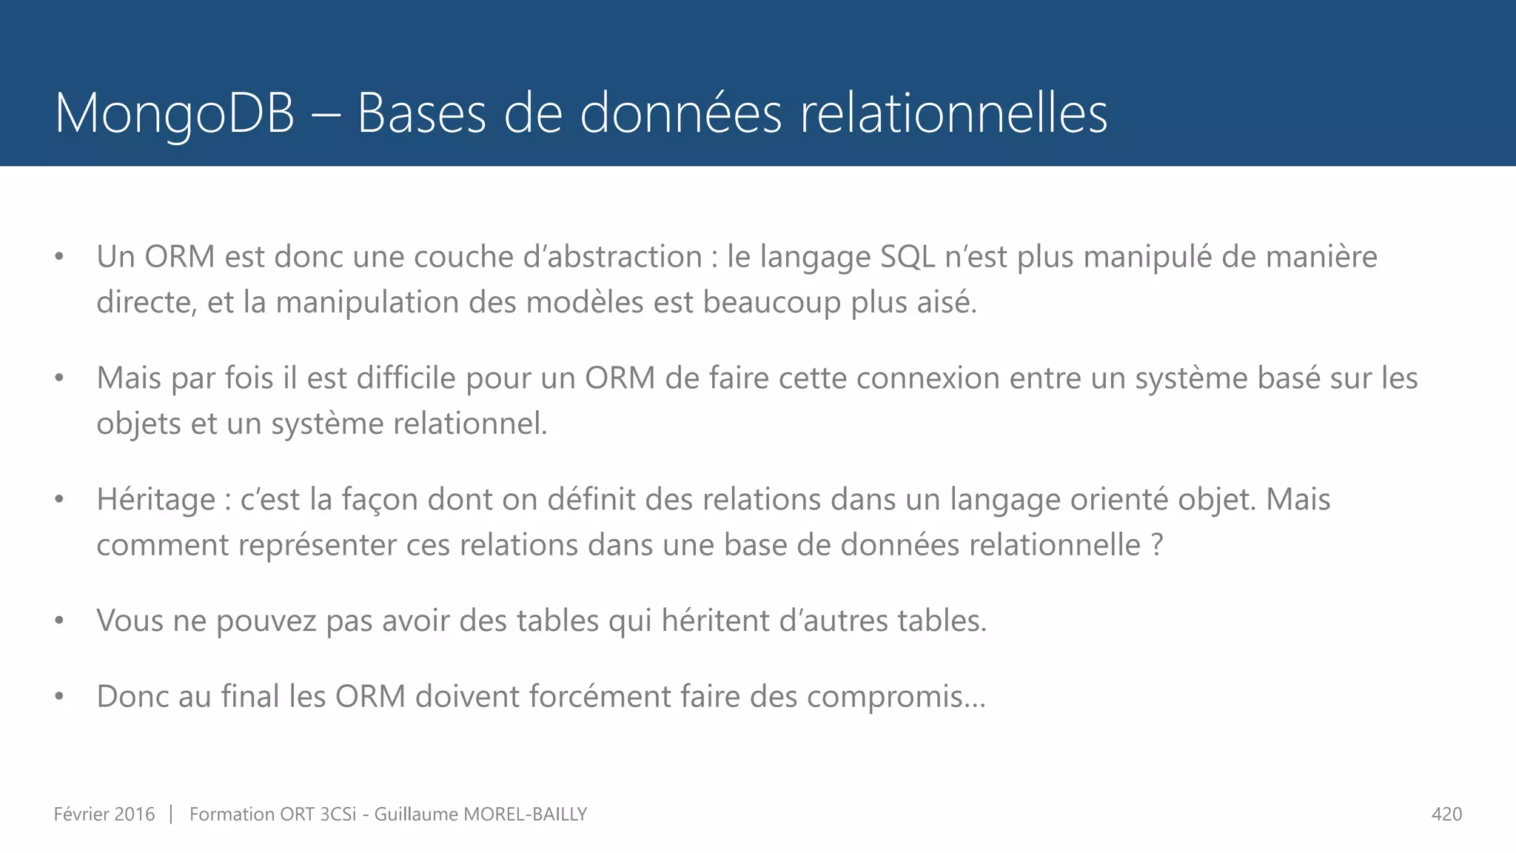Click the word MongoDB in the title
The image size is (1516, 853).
(x=175, y=113)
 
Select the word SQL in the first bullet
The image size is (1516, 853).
(x=908, y=257)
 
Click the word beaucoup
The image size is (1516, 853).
(x=772, y=303)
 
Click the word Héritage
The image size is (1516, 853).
(x=156, y=500)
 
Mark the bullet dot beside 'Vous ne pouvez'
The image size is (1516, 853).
(x=59, y=620)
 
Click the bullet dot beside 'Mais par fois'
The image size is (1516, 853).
(x=59, y=378)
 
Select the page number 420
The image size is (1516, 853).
(x=1446, y=814)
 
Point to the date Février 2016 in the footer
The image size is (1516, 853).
(x=104, y=814)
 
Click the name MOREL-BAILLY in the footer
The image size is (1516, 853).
(x=525, y=814)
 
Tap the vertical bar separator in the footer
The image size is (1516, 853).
(x=171, y=814)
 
